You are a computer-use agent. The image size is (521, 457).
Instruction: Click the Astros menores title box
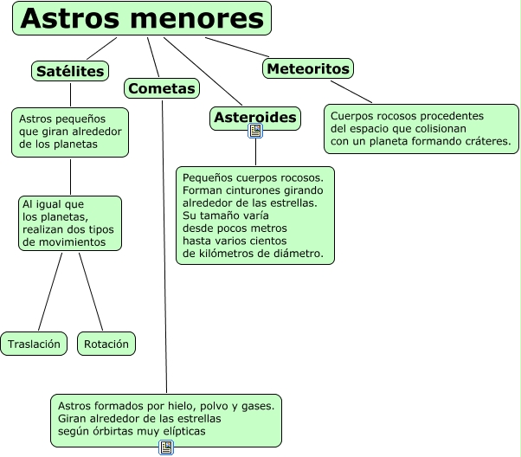[142, 18]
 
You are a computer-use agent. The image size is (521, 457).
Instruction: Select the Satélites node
[71, 71]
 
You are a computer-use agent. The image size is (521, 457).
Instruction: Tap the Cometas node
[162, 87]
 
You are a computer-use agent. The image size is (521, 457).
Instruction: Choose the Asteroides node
[255, 117]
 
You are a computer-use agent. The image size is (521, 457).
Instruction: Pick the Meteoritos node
[308, 68]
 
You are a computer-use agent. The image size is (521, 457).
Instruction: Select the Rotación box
[106, 344]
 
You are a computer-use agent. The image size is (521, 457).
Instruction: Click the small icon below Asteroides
[255, 132]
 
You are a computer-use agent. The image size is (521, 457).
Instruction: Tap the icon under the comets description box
[166, 447]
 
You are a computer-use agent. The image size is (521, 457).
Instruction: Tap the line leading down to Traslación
[49, 290]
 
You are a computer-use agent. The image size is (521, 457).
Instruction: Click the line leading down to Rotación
[92, 290]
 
